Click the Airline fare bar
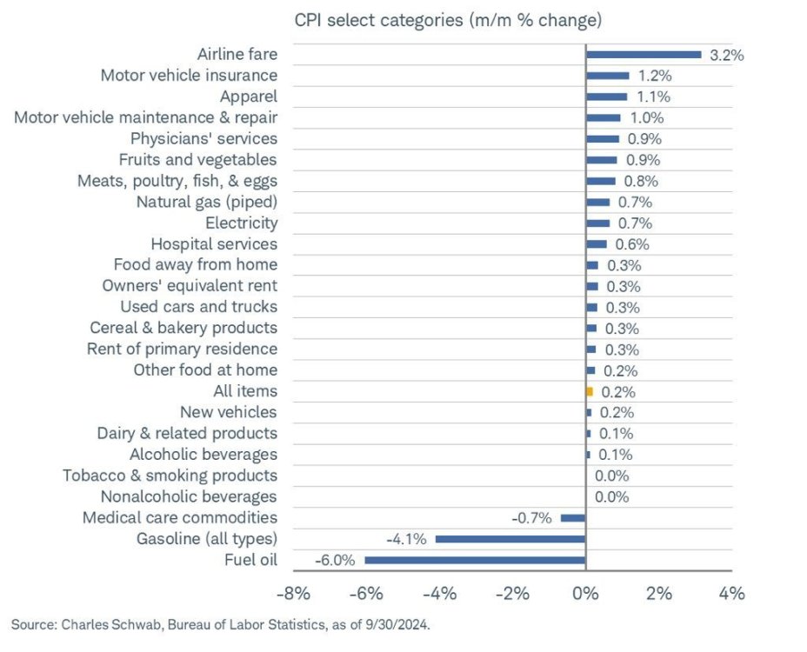644,55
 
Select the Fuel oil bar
475,560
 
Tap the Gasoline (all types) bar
510,539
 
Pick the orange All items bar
590,391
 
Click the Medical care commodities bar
573,518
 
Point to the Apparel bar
606,96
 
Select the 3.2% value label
727,55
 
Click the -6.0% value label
336,560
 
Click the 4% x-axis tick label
732,594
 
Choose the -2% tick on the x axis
512,594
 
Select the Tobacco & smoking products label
170,476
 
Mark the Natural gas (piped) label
206,202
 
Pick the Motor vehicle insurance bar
607,76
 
